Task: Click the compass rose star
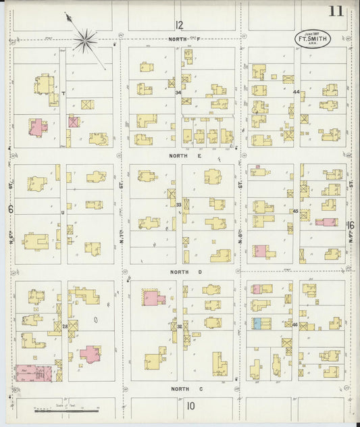click(x=86, y=41)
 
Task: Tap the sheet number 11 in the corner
click(x=336, y=11)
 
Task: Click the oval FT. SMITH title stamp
click(x=312, y=39)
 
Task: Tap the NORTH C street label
click(x=181, y=388)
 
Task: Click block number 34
click(x=178, y=93)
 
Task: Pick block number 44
click(x=296, y=92)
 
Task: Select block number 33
click(x=178, y=204)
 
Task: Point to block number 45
click(x=296, y=211)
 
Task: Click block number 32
click(x=179, y=326)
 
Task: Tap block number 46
click(x=296, y=325)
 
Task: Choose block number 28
click(x=65, y=327)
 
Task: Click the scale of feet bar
click(x=57, y=409)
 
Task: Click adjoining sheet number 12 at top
click(x=179, y=26)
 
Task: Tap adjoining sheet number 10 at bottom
click(x=191, y=406)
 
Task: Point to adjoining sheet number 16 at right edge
click(x=351, y=225)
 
